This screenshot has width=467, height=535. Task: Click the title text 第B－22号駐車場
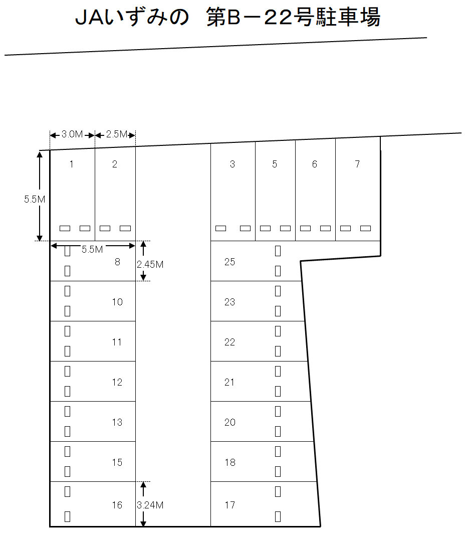pos(293,17)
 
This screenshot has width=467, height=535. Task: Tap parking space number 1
pos(72,164)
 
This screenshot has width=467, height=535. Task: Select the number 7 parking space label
pos(357,164)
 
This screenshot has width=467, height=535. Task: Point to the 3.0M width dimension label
pos(72,134)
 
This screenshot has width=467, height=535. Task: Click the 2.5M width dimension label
pos(117,134)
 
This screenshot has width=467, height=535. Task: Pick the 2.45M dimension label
pos(150,264)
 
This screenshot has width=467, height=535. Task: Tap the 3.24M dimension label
pos(150,505)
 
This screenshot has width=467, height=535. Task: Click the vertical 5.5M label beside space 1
pos(35,199)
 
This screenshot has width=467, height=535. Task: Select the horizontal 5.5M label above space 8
pos(92,249)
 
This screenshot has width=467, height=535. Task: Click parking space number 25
pos(230,262)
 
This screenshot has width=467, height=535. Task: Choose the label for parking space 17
pos(230,505)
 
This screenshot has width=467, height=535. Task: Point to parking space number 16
pos(117,505)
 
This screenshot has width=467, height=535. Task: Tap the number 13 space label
pos(117,422)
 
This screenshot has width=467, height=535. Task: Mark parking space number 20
pos(230,422)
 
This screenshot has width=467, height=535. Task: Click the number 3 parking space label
pos(232,164)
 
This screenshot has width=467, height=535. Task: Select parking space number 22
pos(230,342)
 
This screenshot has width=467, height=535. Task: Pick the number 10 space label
pos(117,302)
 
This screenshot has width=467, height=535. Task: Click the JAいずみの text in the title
pos(132,17)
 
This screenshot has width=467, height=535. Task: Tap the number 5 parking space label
pos(275,164)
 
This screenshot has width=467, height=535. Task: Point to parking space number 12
pos(117,382)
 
